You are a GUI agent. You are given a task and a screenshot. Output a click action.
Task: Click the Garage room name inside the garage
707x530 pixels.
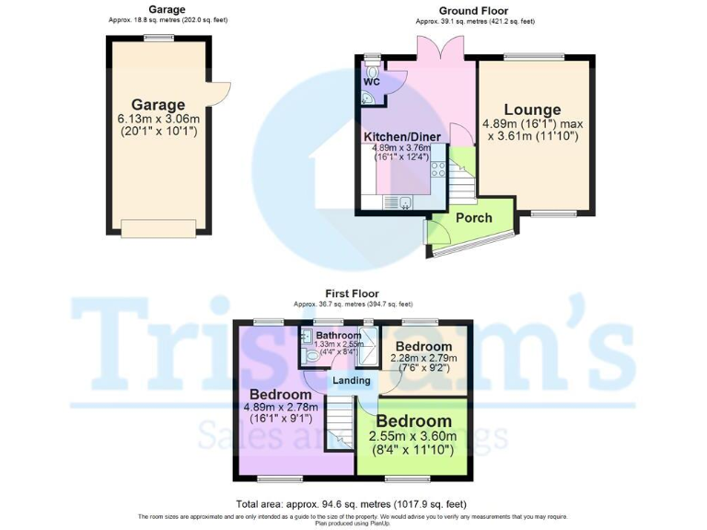tap(157, 105)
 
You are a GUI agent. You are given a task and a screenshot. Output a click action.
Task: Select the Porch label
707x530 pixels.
tap(473, 218)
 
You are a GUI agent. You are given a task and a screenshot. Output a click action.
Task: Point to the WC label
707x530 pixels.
tap(372, 82)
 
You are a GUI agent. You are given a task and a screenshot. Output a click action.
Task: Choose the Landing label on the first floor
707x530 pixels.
tap(351, 380)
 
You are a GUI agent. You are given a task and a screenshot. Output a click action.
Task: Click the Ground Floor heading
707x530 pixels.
tap(448, 11)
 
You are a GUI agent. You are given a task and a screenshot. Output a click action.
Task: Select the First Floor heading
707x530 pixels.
tap(353, 294)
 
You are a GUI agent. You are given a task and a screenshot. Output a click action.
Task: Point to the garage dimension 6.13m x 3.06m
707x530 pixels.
tap(158, 120)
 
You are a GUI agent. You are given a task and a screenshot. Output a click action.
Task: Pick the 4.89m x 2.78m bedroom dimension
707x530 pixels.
tap(281, 408)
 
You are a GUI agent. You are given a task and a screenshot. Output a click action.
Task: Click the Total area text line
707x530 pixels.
tap(353, 503)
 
